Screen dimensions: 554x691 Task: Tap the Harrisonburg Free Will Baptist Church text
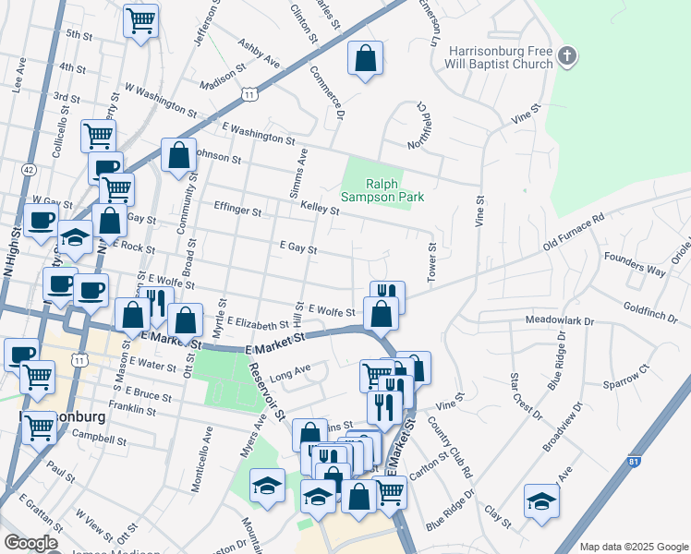(x=500, y=57)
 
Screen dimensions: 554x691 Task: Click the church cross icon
(x=567, y=57)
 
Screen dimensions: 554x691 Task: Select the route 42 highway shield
(x=30, y=170)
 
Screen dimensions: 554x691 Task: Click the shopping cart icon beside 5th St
(x=140, y=20)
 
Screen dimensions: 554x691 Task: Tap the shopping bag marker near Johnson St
(x=178, y=156)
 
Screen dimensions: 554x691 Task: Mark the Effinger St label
(x=237, y=210)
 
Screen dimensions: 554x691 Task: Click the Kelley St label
(x=320, y=211)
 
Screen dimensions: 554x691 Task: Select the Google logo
(x=31, y=543)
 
